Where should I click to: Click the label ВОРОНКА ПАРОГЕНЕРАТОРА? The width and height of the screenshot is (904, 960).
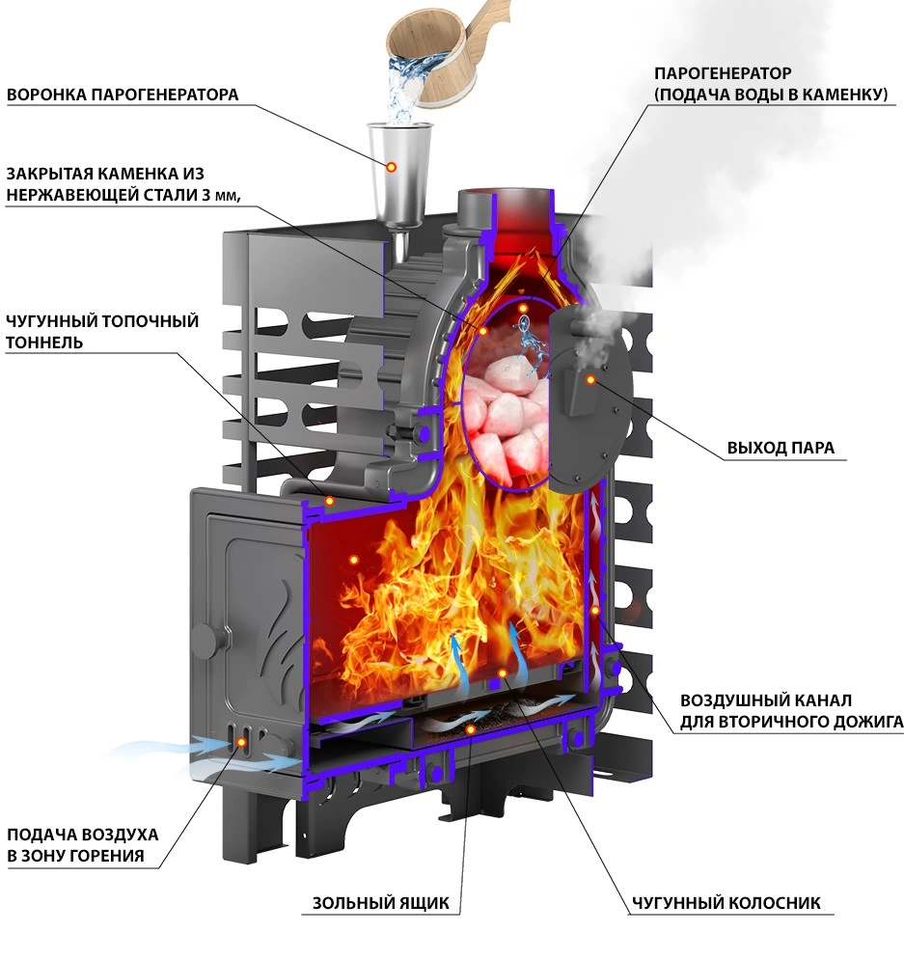pyautogui.click(x=123, y=95)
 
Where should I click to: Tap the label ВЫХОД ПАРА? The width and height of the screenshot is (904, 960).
pyautogui.click(x=781, y=448)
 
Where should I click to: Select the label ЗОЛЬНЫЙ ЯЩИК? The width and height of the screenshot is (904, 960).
pyautogui.click(x=381, y=903)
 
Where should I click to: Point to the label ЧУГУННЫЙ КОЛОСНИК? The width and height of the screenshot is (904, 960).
pyautogui.click(x=726, y=903)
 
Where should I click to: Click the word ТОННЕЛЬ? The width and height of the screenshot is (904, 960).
pyautogui.click(x=44, y=343)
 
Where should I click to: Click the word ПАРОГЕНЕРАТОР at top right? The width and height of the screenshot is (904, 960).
pyautogui.click(x=723, y=73)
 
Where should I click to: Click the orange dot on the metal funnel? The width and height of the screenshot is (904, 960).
pyautogui.click(x=391, y=167)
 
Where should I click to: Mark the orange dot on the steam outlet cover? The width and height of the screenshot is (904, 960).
pyautogui.click(x=590, y=380)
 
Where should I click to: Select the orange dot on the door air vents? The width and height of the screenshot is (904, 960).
pyautogui.click(x=242, y=742)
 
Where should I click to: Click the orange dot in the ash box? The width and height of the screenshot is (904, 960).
pyautogui.click(x=470, y=729)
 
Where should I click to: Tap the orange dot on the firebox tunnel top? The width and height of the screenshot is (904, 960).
pyautogui.click(x=329, y=502)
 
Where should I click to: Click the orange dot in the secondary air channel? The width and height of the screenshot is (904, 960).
pyautogui.click(x=595, y=611)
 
